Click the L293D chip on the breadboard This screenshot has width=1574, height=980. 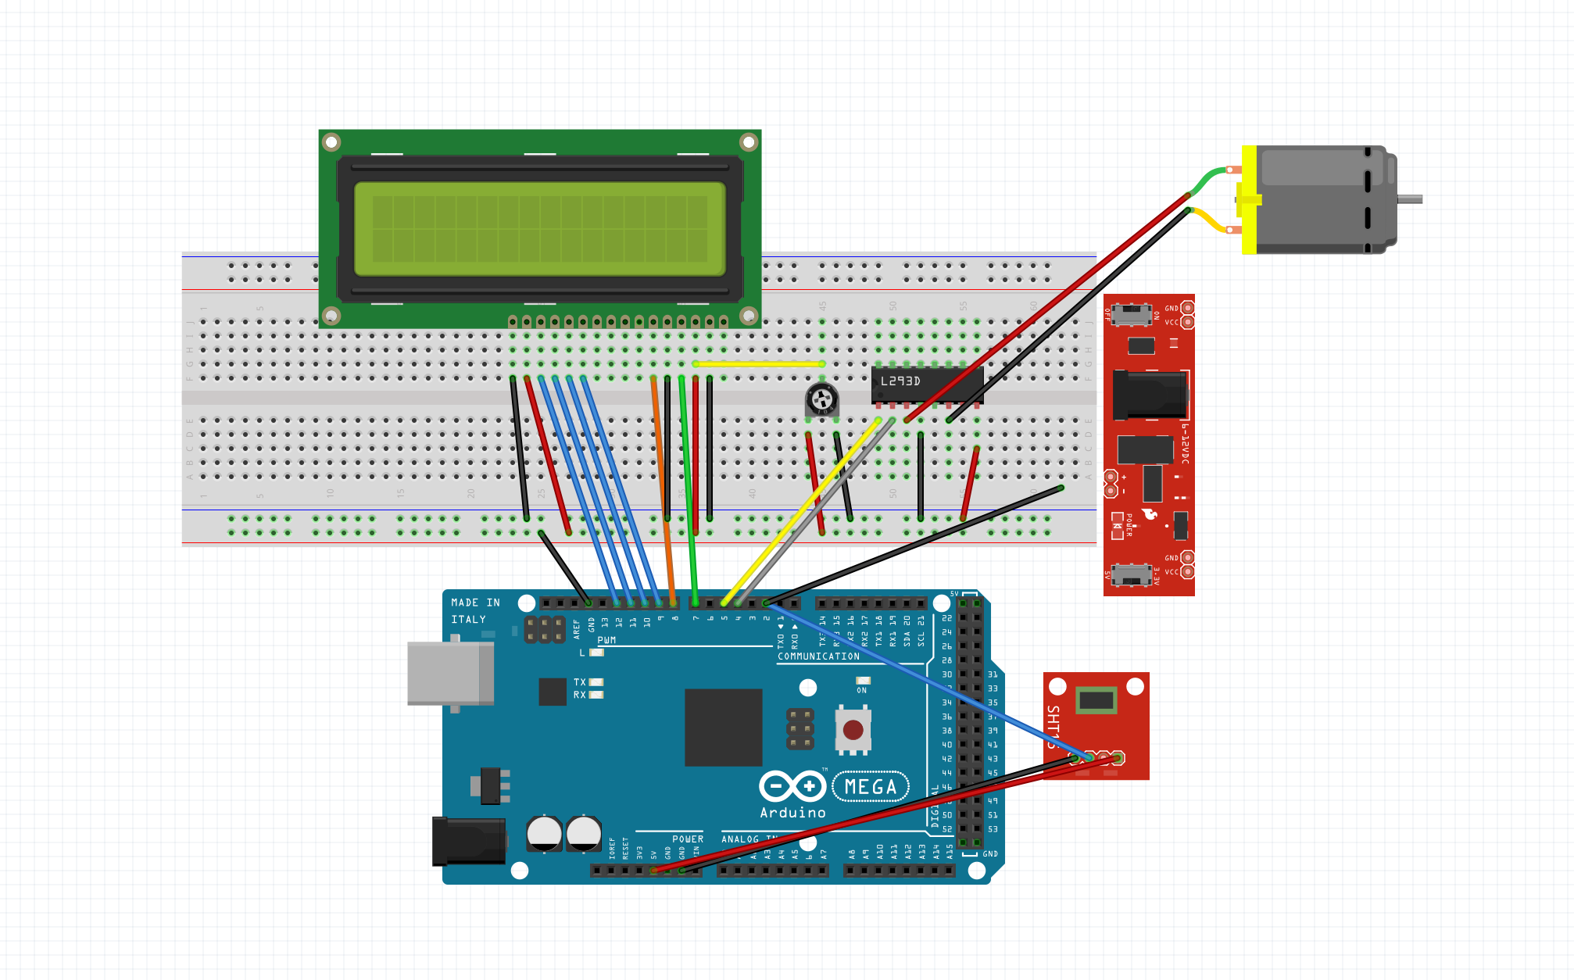[x=927, y=384]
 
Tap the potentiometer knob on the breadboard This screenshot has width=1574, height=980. [x=822, y=400]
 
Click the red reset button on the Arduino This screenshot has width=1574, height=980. [x=853, y=730]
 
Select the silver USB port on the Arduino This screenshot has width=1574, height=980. [x=450, y=674]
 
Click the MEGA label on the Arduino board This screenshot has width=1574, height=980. [x=871, y=786]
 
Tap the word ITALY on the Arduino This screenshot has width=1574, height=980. [x=468, y=620]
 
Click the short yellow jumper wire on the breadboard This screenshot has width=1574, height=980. [x=758, y=364]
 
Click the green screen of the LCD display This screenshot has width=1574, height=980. [x=539, y=228]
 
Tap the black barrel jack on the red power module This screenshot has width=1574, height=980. [x=1150, y=394]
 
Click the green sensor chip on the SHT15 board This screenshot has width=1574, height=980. [x=1096, y=700]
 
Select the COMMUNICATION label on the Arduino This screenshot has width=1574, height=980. [x=818, y=656]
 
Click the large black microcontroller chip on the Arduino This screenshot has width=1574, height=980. [x=723, y=727]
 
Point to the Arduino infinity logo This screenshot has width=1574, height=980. [x=792, y=785]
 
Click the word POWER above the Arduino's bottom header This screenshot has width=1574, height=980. [x=688, y=839]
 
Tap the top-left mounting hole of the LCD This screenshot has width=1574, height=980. [x=331, y=142]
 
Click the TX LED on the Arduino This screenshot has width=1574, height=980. [x=596, y=682]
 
